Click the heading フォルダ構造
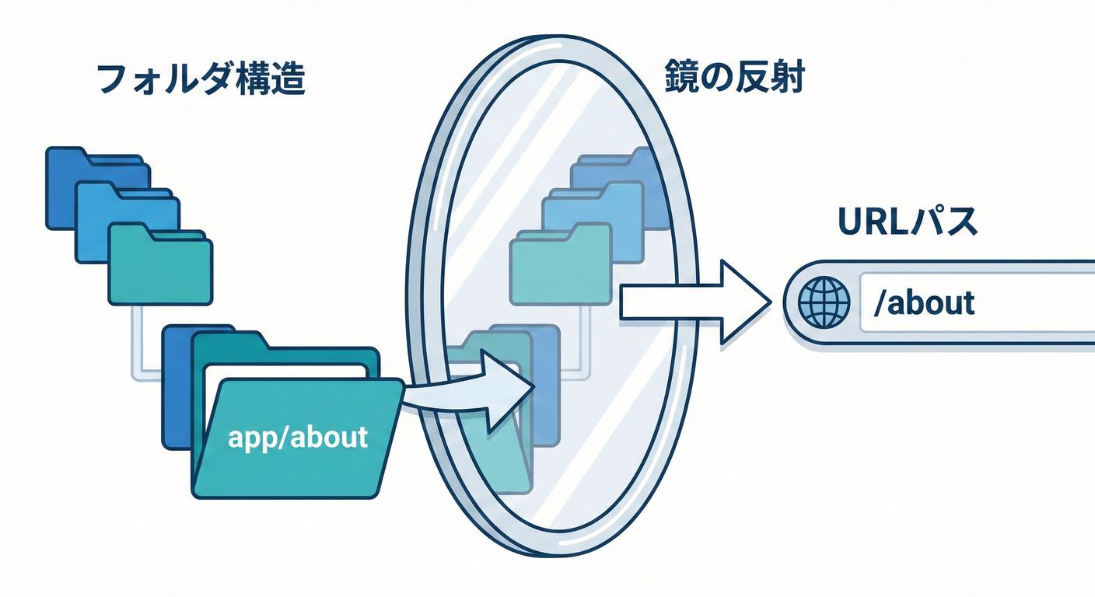(200, 81)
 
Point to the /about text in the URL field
(923, 303)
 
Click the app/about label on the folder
(297, 437)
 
